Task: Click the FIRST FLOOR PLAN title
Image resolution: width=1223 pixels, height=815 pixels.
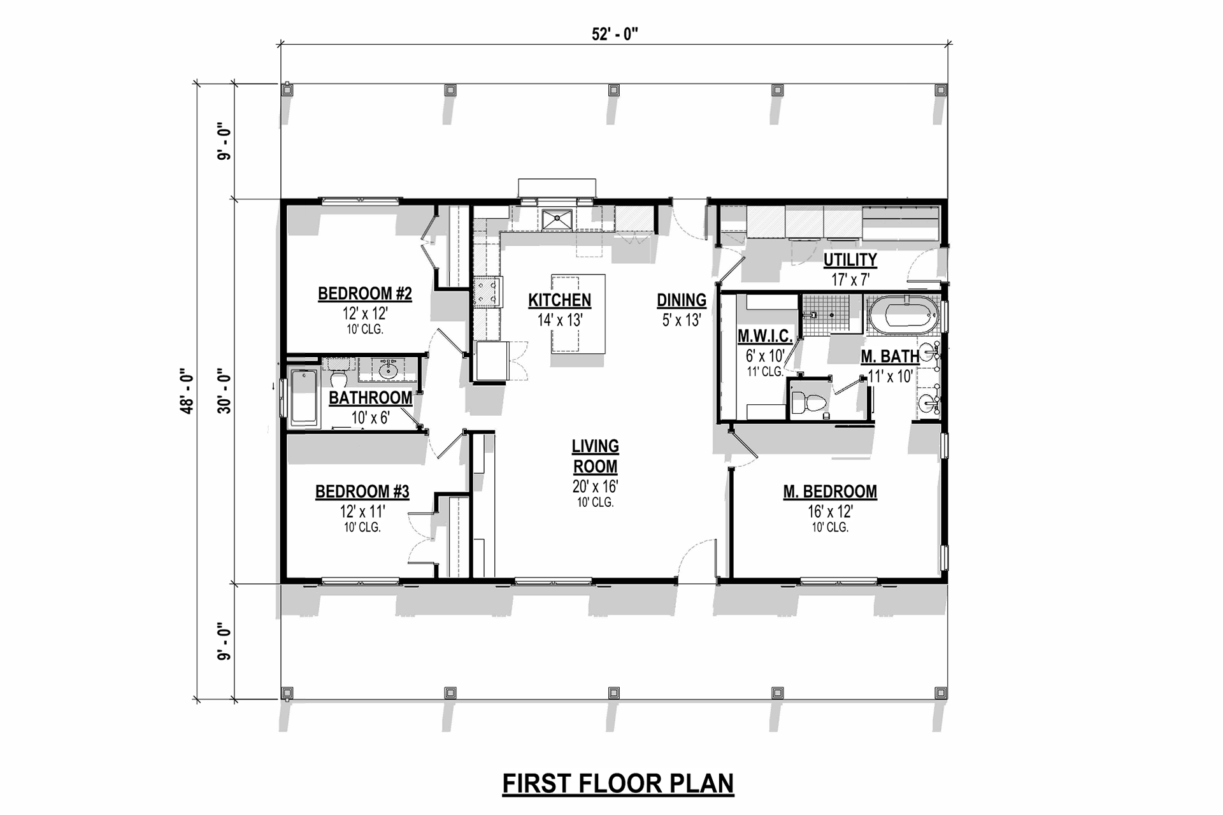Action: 618,783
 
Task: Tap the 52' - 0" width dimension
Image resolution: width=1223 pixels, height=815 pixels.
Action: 615,34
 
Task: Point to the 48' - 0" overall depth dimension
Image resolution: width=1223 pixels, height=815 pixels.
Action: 187,391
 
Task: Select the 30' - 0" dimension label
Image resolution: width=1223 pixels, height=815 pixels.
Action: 224,391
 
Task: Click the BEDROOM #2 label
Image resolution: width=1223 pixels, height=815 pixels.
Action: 365,294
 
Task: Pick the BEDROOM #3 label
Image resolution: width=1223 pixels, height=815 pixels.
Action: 362,492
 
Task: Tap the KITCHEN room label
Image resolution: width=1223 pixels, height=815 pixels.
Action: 560,300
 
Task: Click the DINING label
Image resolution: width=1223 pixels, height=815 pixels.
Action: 682,300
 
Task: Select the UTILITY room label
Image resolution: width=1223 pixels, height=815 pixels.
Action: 850,260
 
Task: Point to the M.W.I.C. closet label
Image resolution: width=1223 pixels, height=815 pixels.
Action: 765,336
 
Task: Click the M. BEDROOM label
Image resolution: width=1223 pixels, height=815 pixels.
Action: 830,492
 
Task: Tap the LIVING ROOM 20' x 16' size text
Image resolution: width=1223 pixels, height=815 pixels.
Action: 596,486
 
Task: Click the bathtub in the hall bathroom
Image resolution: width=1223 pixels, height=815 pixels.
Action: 304,398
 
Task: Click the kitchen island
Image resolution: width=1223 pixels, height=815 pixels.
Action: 578,313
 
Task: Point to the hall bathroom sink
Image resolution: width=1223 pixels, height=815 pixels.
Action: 388,369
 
